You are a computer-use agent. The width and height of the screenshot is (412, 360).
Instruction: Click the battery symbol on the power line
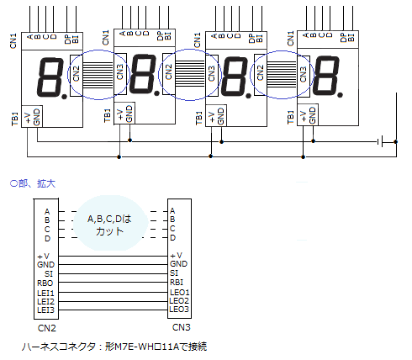click(x=380, y=142)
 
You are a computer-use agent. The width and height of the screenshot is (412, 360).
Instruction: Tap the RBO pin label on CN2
click(x=45, y=283)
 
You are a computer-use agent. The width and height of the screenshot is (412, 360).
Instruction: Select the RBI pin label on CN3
click(x=177, y=283)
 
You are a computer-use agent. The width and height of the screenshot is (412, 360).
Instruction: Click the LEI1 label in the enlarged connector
click(x=45, y=294)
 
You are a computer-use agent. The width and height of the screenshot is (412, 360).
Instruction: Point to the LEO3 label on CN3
click(x=179, y=310)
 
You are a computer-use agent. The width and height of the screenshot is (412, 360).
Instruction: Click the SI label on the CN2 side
click(x=49, y=274)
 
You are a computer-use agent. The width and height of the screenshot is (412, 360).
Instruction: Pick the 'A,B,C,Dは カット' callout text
click(x=109, y=225)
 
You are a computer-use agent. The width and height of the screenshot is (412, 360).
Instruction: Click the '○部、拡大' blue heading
click(x=33, y=183)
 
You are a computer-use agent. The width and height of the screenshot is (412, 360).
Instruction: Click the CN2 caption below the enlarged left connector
click(x=47, y=328)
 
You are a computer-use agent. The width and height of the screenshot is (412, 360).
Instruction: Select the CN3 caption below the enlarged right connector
click(x=182, y=327)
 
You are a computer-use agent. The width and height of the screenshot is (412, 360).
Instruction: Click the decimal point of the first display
click(x=65, y=97)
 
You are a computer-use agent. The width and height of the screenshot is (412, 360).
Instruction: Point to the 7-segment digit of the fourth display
click(x=325, y=76)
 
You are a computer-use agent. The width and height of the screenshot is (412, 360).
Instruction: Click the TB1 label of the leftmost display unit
click(x=15, y=119)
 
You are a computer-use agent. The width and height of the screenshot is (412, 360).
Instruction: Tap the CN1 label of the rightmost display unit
click(x=290, y=39)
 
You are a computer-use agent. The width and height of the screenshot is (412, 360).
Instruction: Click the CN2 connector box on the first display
click(x=77, y=76)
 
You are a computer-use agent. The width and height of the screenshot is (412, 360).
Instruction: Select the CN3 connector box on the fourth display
click(x=304, y=77)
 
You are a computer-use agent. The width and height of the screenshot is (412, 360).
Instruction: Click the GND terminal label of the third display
click(x=221, y=116)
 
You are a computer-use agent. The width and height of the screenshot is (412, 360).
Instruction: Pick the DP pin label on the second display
click(x=160, y=36)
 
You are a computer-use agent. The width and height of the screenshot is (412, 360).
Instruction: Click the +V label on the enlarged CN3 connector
click(x=177, y=256)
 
